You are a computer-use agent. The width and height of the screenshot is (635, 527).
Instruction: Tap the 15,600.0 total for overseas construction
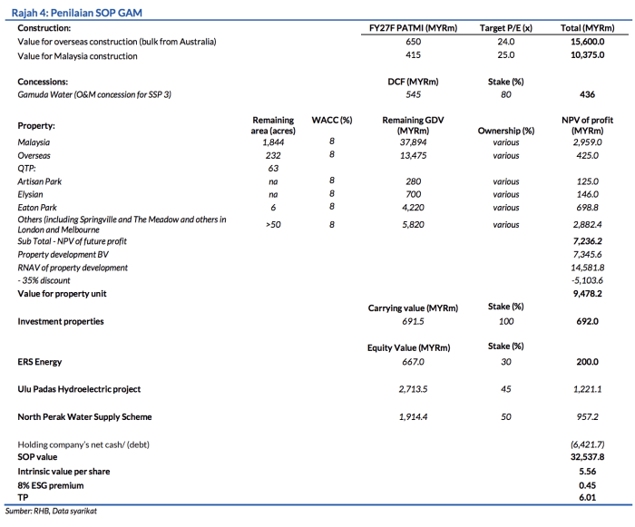[588, 43]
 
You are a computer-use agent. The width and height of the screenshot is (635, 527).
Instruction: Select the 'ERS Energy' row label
[40, 362]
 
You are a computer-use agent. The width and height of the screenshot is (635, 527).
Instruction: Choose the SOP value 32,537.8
[588, 458]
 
